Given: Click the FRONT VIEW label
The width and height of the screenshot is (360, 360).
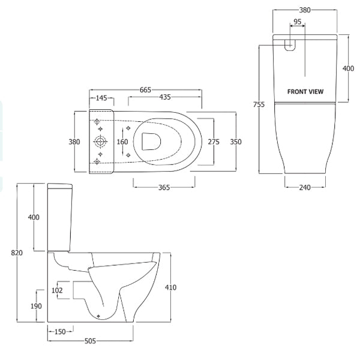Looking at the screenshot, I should [305, 92].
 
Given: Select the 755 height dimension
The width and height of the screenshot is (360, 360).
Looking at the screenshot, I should [259, 104].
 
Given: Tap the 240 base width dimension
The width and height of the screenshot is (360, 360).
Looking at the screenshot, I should [305, 188].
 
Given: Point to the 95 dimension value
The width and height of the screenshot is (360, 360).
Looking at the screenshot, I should [296, 22].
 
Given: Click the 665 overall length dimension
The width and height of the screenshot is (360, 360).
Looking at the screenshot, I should [145, 89].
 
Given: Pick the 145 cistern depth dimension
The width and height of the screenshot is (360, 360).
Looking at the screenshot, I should [101, 98].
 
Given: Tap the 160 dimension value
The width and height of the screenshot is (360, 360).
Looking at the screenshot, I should [122, 142].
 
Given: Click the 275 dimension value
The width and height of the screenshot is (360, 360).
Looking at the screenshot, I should [213, 142].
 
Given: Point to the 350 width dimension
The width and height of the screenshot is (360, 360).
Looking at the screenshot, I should [236, 142].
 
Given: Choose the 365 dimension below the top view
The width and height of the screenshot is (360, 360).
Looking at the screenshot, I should [164, 188].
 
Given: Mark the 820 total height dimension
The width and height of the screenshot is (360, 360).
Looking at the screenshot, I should [17, 253].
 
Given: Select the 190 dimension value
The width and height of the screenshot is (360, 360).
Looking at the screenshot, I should [36, 306].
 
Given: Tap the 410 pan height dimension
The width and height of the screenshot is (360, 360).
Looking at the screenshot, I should [170, 288].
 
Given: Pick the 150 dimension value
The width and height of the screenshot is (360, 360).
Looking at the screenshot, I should [60, 332].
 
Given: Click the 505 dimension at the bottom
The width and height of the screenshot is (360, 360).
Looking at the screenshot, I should [90, 342].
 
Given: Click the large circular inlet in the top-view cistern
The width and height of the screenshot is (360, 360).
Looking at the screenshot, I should [100, 142].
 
